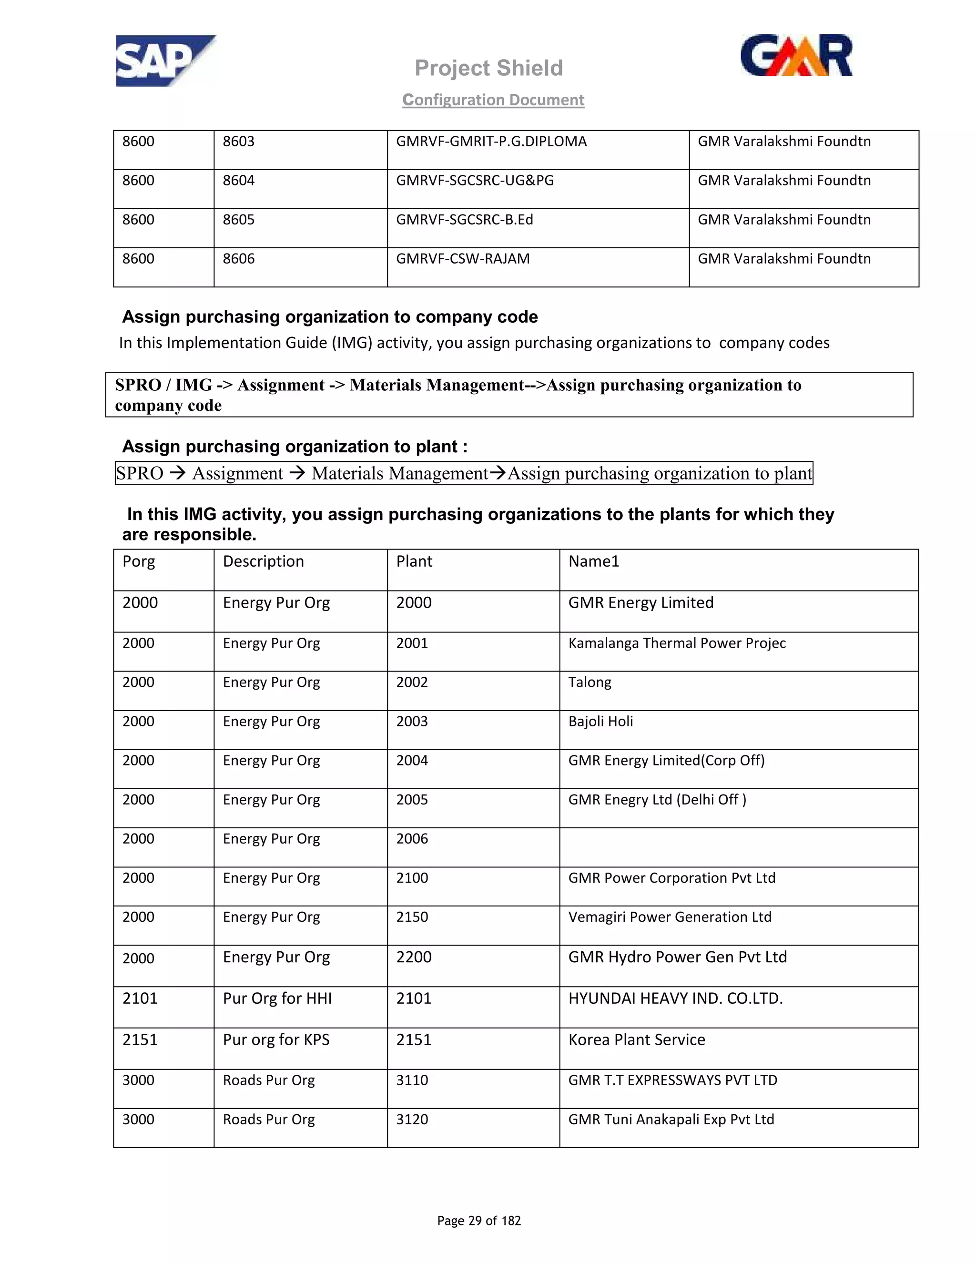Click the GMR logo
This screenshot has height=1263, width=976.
(x=796, y=56)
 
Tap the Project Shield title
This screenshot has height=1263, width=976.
(x=488, y=68)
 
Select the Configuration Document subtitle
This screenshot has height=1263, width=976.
(x=493, y=100)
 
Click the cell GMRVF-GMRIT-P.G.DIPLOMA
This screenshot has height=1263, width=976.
(x=491, y=142)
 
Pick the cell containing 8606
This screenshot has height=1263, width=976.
(x=239, y=259)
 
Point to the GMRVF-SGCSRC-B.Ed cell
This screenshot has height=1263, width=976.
(x=464, y=220)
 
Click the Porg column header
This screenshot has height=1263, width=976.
(x=139, y=561)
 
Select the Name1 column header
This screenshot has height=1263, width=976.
(x=594, y=561)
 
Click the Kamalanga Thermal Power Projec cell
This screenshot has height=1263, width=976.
(x=677, y=643)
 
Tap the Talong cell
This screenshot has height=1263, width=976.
(x=590, y=682)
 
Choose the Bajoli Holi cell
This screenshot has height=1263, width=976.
(x=601, y=722)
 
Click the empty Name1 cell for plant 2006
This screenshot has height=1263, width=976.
(x=738, y=847)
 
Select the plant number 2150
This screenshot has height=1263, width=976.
(x=412, y=917)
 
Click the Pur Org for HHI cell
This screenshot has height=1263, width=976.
(x=277, y=998)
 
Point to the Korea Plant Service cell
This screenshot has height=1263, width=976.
(x=637, y=1040)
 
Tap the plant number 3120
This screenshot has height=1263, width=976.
(x=412, y=1120)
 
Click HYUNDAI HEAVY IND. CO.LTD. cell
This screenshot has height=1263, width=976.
(x=675, y=998)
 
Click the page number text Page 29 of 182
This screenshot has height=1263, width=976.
(x=479, y=1221)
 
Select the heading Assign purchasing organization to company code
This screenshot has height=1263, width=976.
(x=330, y=317)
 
